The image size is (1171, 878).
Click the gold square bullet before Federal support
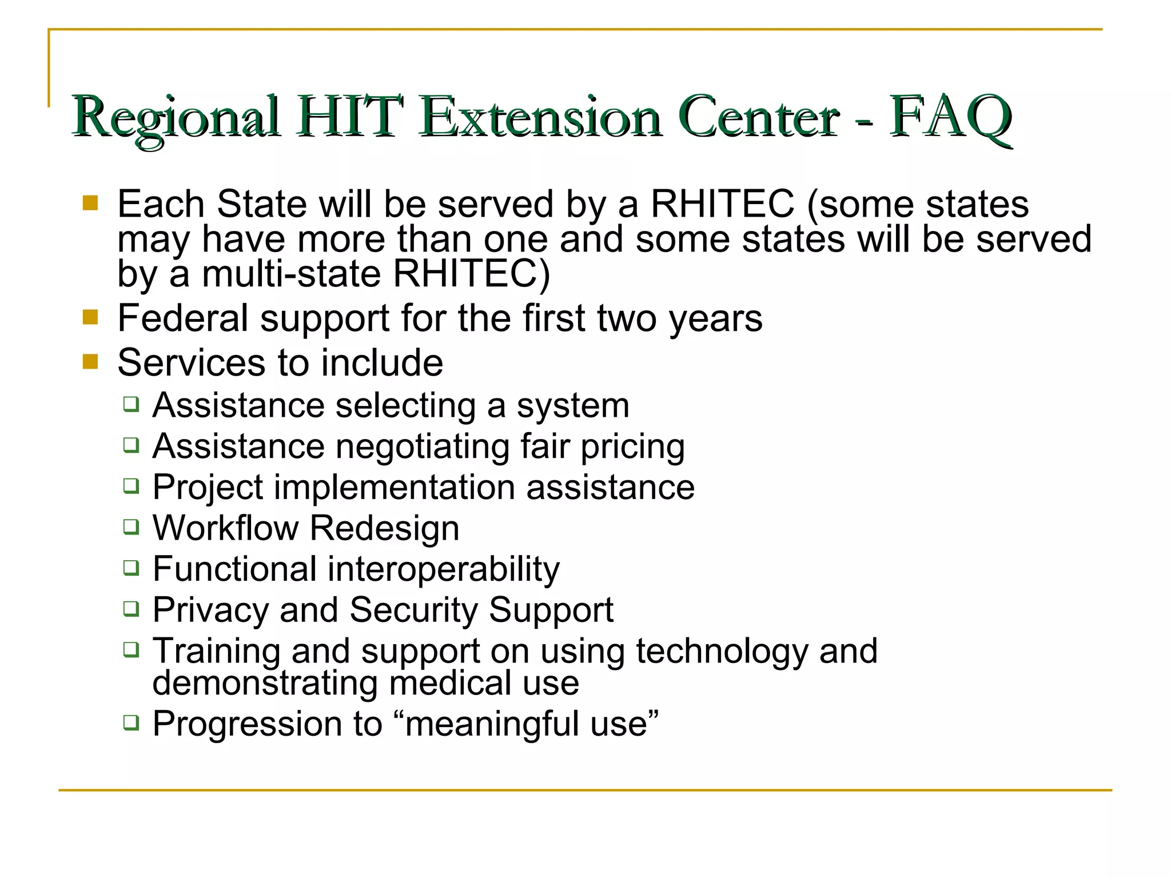click(x=90, y=317)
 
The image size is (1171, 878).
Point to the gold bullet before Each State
click(x=90, y=203)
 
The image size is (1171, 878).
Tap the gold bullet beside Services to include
click(x=90, y=361)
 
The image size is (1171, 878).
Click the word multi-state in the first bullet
click(x=291, y=274)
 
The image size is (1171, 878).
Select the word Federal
click(x=182, y=318)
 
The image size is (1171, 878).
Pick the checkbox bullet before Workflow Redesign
click(x=132, y=526)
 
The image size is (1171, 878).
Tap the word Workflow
click(x=225, y=528)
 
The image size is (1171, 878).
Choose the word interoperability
click(x=443, y=570)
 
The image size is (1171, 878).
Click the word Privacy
click(x=210, y=610)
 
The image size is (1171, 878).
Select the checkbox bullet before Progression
click(x=132, y=723)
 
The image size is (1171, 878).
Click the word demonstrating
click(x=265, y=683)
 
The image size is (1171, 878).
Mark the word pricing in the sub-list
click(x=632, y=447)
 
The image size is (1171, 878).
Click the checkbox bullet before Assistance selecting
click(x=132, y=404)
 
